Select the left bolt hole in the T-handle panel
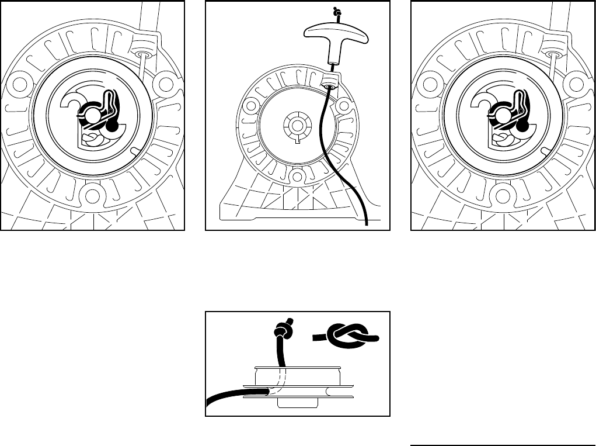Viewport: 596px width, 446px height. pos(251,106)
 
